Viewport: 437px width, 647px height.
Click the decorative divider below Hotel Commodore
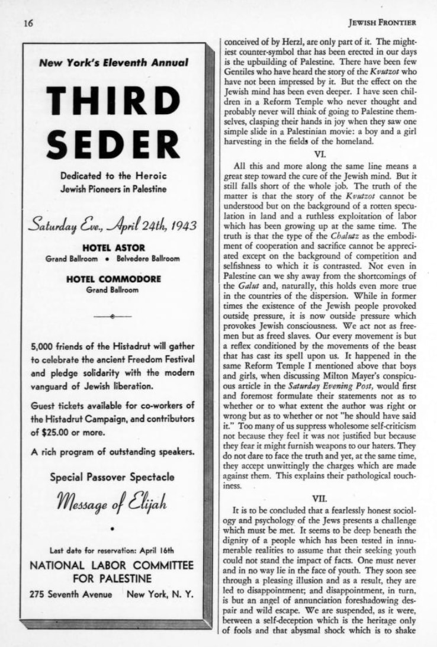[x=113, y=317]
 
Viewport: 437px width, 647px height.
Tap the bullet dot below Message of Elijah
[x=113, y=527]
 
